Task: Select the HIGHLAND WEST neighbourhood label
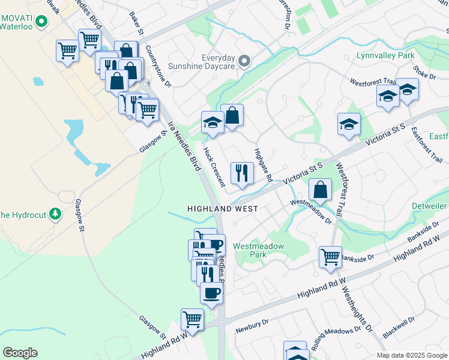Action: [x=223, y=209]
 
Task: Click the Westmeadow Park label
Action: [x=258, y=250]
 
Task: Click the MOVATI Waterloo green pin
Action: [x=41, y=23]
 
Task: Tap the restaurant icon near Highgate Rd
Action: [x=242, y=173]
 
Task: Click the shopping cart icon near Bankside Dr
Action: [x=330, y=257]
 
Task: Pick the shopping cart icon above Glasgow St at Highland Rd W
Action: [x=192, y=319]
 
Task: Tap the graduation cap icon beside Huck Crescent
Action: [x=212, y=123]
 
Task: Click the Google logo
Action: [x=20, y=353]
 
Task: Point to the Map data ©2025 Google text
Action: [x=411, y=355]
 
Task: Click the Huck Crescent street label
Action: [x=214, y=166]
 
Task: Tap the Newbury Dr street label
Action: [x=251, y=326]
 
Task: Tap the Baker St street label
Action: [x=136, y=22]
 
